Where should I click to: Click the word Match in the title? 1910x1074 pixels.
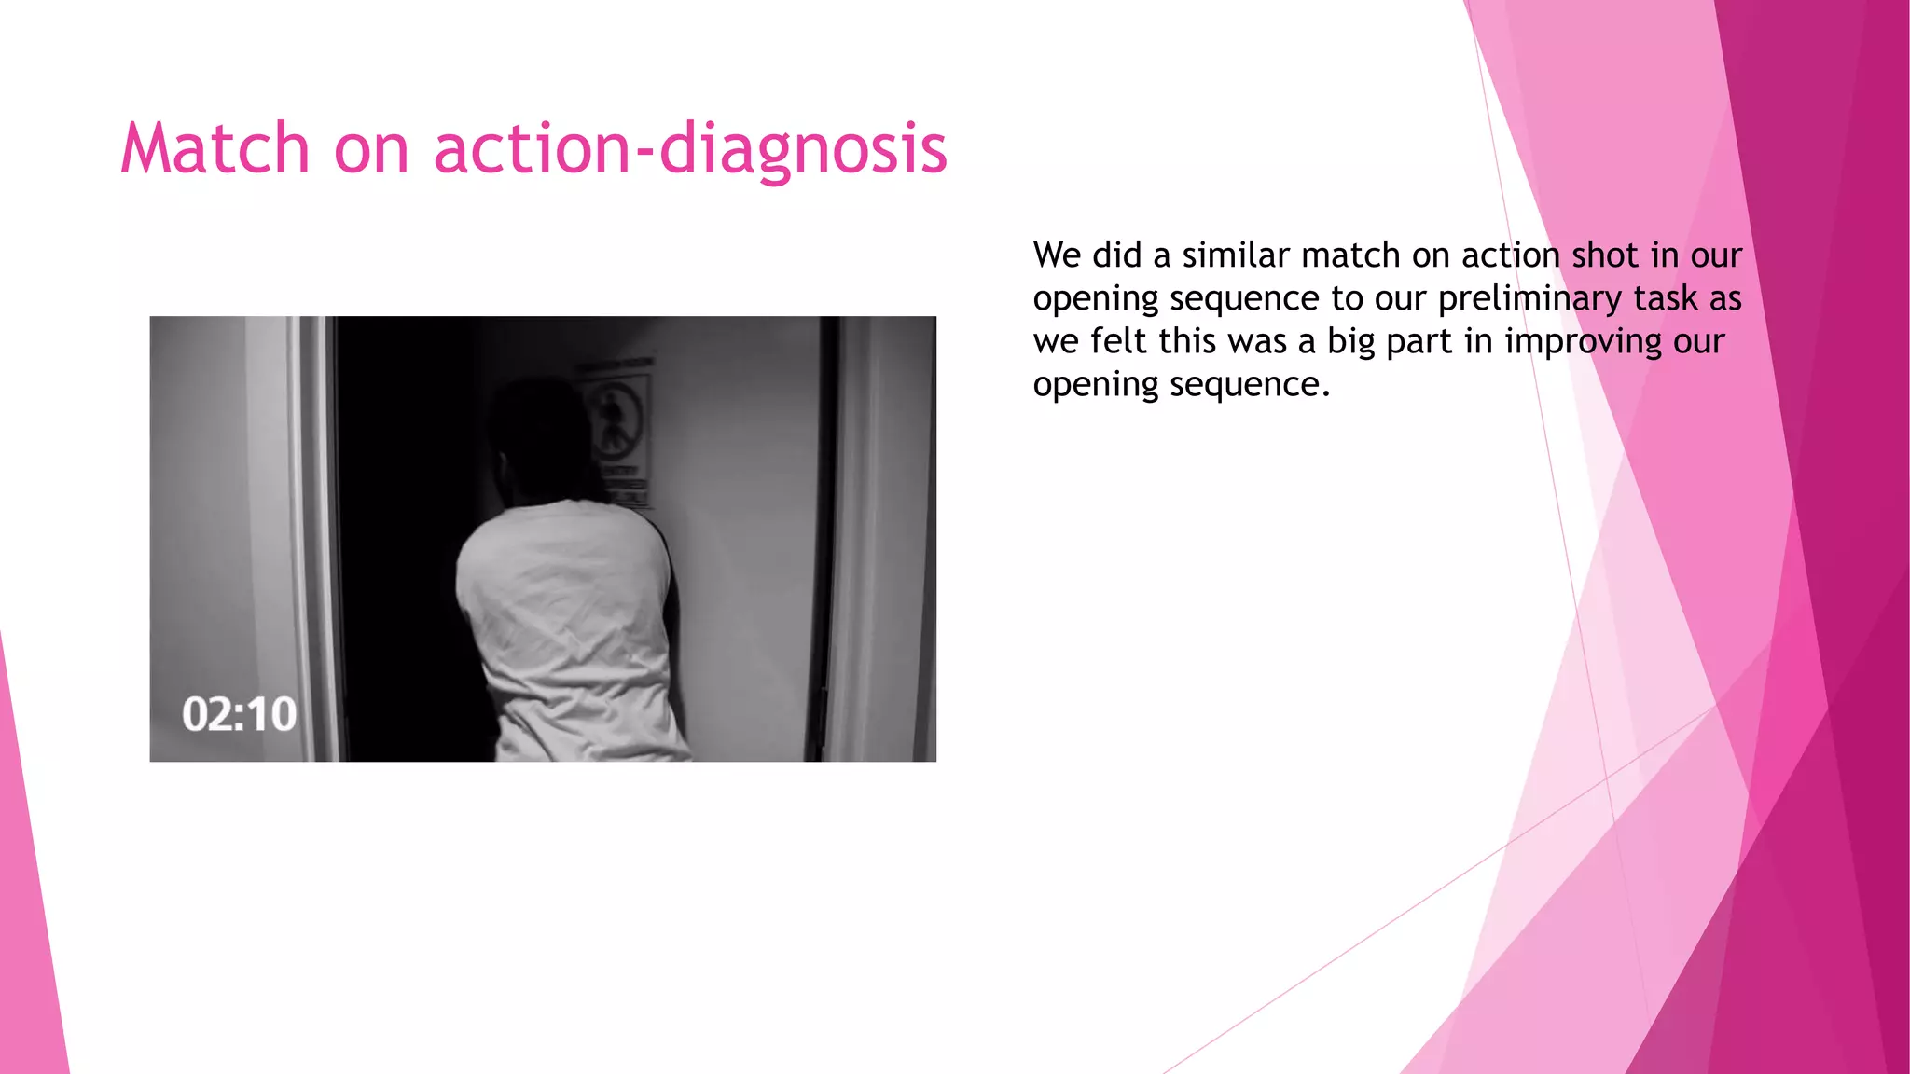215,149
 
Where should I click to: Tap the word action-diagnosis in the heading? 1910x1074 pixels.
690,149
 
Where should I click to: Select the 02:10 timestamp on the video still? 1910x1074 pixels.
239,714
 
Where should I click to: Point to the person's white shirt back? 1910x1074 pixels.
569,615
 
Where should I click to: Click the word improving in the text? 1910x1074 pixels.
1583,341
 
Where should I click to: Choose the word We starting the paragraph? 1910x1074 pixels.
1057,255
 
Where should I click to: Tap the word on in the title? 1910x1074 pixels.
371,149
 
